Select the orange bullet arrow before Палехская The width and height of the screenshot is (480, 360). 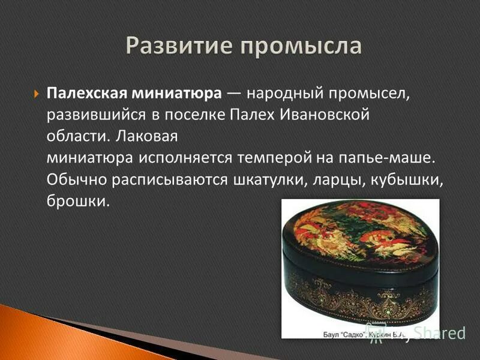(35, 95)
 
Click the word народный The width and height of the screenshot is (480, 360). (277, 94)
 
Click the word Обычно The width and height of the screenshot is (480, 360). (73, 180)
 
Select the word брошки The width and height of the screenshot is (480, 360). (78, 202)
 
